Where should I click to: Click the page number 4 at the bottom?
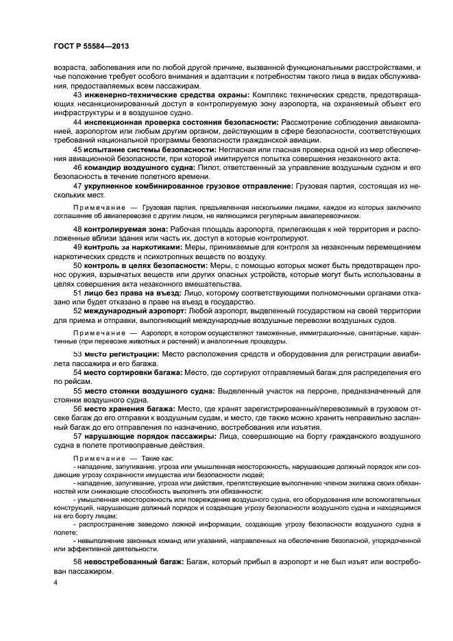pos(56,583)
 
